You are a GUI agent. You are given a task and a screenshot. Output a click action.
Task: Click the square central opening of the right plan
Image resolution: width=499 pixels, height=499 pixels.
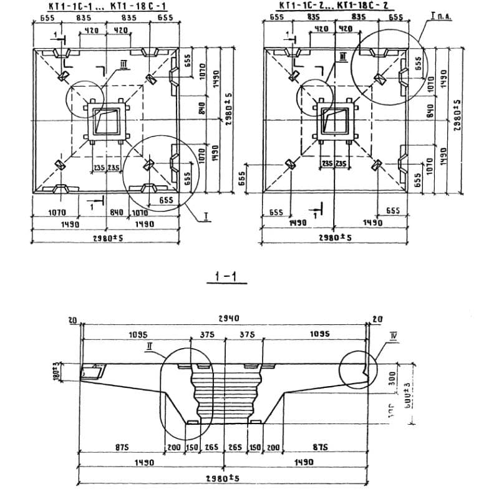pos(333,122)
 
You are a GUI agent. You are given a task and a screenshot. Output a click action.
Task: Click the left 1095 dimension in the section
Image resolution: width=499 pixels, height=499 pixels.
pos(138,335)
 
